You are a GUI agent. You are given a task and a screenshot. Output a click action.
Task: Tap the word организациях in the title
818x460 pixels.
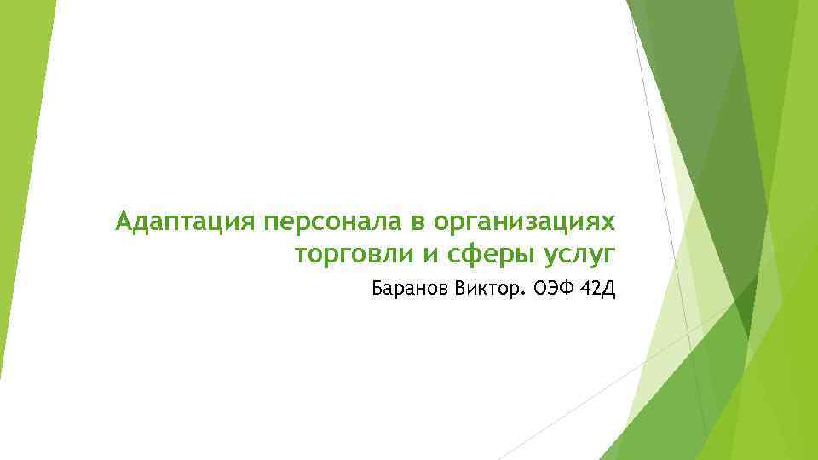(x=523, y=223)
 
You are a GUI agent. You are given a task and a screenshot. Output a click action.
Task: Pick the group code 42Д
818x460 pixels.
(x=596, y=290)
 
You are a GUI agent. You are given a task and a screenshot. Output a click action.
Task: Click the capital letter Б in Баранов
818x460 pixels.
(x=377, y=290)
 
